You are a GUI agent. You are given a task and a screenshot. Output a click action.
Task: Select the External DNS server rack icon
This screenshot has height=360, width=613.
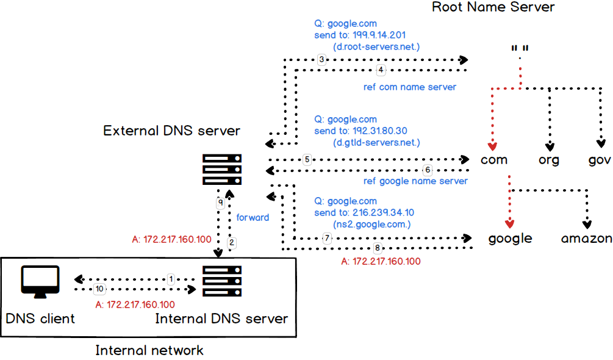222,170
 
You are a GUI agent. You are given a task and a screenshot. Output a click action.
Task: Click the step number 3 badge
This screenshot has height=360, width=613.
322,60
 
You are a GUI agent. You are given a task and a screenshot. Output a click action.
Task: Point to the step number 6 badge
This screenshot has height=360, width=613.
428,170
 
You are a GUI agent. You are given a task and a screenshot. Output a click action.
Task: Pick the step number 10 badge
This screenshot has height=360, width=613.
99,288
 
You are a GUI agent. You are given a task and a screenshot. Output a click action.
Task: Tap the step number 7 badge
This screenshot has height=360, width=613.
327,238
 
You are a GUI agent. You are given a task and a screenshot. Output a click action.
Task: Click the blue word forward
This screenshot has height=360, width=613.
253,217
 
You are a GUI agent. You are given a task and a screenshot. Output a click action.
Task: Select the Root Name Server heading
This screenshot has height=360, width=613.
493,7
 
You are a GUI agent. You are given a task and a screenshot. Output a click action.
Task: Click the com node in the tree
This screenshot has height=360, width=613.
494,160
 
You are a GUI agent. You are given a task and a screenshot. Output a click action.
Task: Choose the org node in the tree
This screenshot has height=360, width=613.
550,160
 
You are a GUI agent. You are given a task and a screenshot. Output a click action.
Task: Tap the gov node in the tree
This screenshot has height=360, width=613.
600,160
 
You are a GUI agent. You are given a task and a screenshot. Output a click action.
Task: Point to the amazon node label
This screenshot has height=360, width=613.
586,238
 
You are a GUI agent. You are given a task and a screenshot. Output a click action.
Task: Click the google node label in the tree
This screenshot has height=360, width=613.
510,239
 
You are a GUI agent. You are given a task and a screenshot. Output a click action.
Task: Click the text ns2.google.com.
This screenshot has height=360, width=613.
372,224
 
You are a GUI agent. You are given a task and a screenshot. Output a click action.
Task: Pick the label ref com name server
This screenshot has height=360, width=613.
409,87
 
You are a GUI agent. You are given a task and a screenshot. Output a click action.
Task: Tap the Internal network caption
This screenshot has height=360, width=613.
149,350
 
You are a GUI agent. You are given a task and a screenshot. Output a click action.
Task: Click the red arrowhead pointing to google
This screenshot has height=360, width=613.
510,222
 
